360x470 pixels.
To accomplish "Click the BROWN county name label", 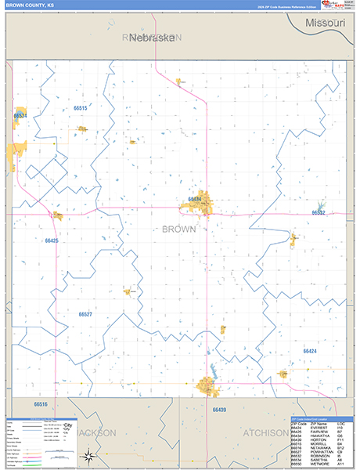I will click(178, 230).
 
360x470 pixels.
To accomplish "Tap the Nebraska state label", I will click(152, 37).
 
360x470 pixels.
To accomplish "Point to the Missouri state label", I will click(326, 23).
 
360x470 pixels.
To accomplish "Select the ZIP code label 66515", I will click(80, 107).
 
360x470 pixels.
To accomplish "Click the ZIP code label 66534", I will click(20, 116).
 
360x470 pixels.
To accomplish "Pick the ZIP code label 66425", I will click(52, 240).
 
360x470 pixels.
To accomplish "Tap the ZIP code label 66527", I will click(85, 314).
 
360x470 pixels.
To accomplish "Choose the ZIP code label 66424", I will click(310, 352).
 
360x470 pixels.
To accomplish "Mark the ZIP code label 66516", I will click(41, 404).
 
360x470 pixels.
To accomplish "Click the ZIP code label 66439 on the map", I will click(219, 410).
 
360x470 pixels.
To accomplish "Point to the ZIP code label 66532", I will click(319, 212).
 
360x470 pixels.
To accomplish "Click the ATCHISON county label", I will click(265, 432).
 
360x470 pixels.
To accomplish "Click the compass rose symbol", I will click(88, 457).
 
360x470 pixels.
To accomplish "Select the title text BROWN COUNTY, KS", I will click(31, 5).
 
